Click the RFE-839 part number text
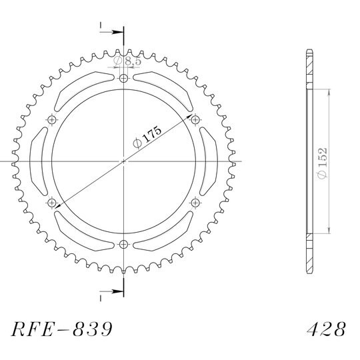(x=62, y=329)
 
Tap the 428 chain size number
(x=326, y=329)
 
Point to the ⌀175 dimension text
(x=147, y=137)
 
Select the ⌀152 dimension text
(x=322, y=163)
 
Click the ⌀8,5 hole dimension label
(x=127, y=61)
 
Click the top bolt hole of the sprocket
(x=123, y=79)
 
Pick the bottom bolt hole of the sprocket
(x=123, y=244)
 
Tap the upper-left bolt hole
(x=52, y=119)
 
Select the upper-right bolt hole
(x=195, y=119)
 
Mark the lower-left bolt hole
(x=52, y=203)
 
